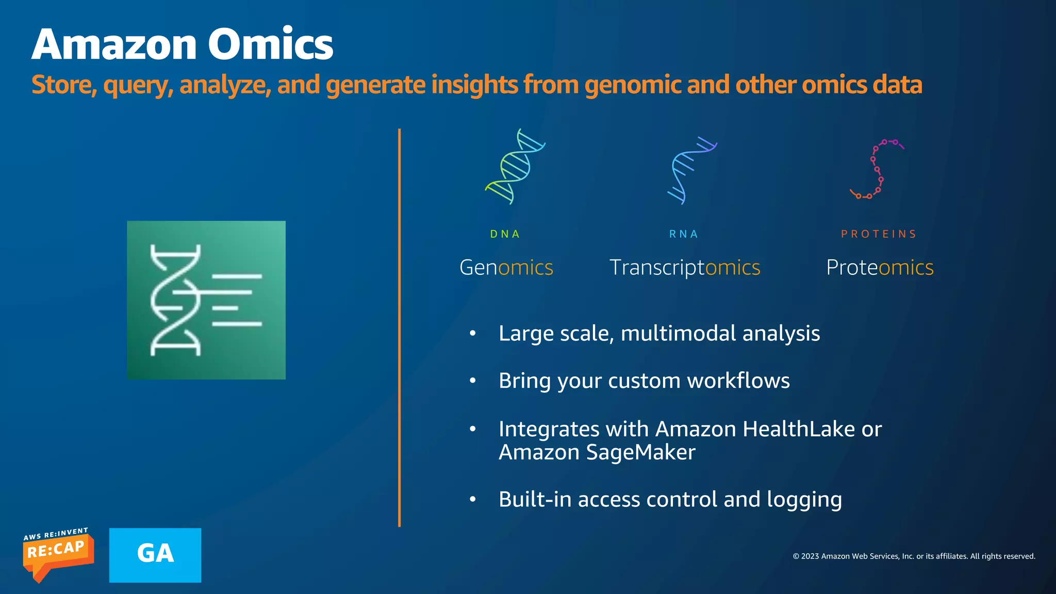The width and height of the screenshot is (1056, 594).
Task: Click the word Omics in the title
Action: coord(270,45)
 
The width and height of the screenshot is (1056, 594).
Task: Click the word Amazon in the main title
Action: coord(114,45)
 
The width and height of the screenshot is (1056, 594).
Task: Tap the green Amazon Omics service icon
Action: coord(206,300)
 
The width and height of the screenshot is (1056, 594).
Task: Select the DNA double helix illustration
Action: coord(515,167)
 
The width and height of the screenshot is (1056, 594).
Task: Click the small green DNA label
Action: coord(505,234)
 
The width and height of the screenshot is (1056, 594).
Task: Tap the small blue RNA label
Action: coord(684,234)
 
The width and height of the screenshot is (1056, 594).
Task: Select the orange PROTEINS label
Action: coord(879,234)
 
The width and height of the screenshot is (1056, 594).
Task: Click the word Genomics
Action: coord(506,268)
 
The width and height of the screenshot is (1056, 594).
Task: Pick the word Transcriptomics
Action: coord(685,268)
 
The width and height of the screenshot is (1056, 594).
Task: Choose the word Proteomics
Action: coord(880,268)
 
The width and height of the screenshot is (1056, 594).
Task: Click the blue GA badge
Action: coord(155,555)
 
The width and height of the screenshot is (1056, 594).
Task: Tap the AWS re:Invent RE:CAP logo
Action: coord(58,554)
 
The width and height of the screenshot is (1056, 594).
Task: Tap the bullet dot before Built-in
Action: coord(473,499)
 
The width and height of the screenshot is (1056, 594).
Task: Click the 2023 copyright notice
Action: coord(914,556)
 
